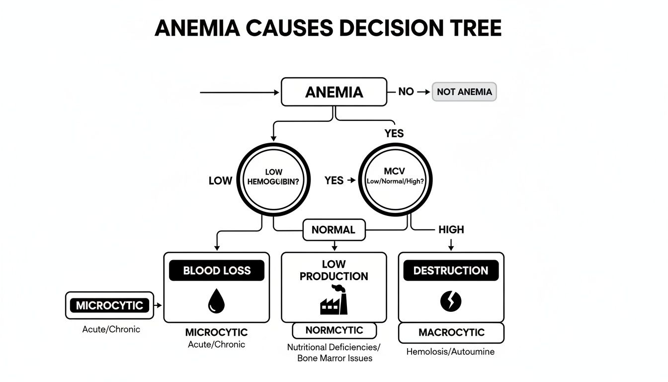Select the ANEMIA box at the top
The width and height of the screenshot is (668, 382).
pyautogui.click(x=334, y=92)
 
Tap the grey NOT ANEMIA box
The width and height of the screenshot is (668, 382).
pyautogui.click(x=464, y=92)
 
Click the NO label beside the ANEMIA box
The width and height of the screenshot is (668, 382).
pyautogui.click(x=406, y=92)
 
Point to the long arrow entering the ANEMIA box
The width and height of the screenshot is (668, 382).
pyautogui.click(x=239, y=93)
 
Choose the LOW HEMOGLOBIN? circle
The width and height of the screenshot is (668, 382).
pyautogui.click(x=273, y=181)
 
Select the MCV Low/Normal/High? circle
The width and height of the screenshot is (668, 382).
pyautogui.click(x=395, y=181)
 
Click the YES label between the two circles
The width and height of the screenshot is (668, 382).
pyautogui.click(x=334, y=181)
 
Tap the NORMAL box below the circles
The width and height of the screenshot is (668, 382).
pyautogui.click(x=334, y=230)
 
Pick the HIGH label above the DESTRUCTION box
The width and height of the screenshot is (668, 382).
pyautogui.click(x=451, y=229)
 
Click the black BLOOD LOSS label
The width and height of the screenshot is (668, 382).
pyautogui.click(x=217, y=271)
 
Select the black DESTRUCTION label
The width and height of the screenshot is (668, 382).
pyautogui.click(x=451, y=271)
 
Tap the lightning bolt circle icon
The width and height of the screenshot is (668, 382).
pyautogui.click(x=451, y=300)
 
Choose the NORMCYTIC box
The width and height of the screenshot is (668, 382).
pyautogui.click(x=334, y=330)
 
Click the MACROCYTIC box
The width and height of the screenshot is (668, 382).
pyautogui.click(x=451, y=333)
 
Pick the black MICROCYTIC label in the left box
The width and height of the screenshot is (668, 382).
pyautogui.click(x=109, y=305)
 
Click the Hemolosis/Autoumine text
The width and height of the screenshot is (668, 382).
pyautogui.click(x=450, y=352)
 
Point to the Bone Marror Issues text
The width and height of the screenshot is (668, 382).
pyautogui.click(x=334, y=358)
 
